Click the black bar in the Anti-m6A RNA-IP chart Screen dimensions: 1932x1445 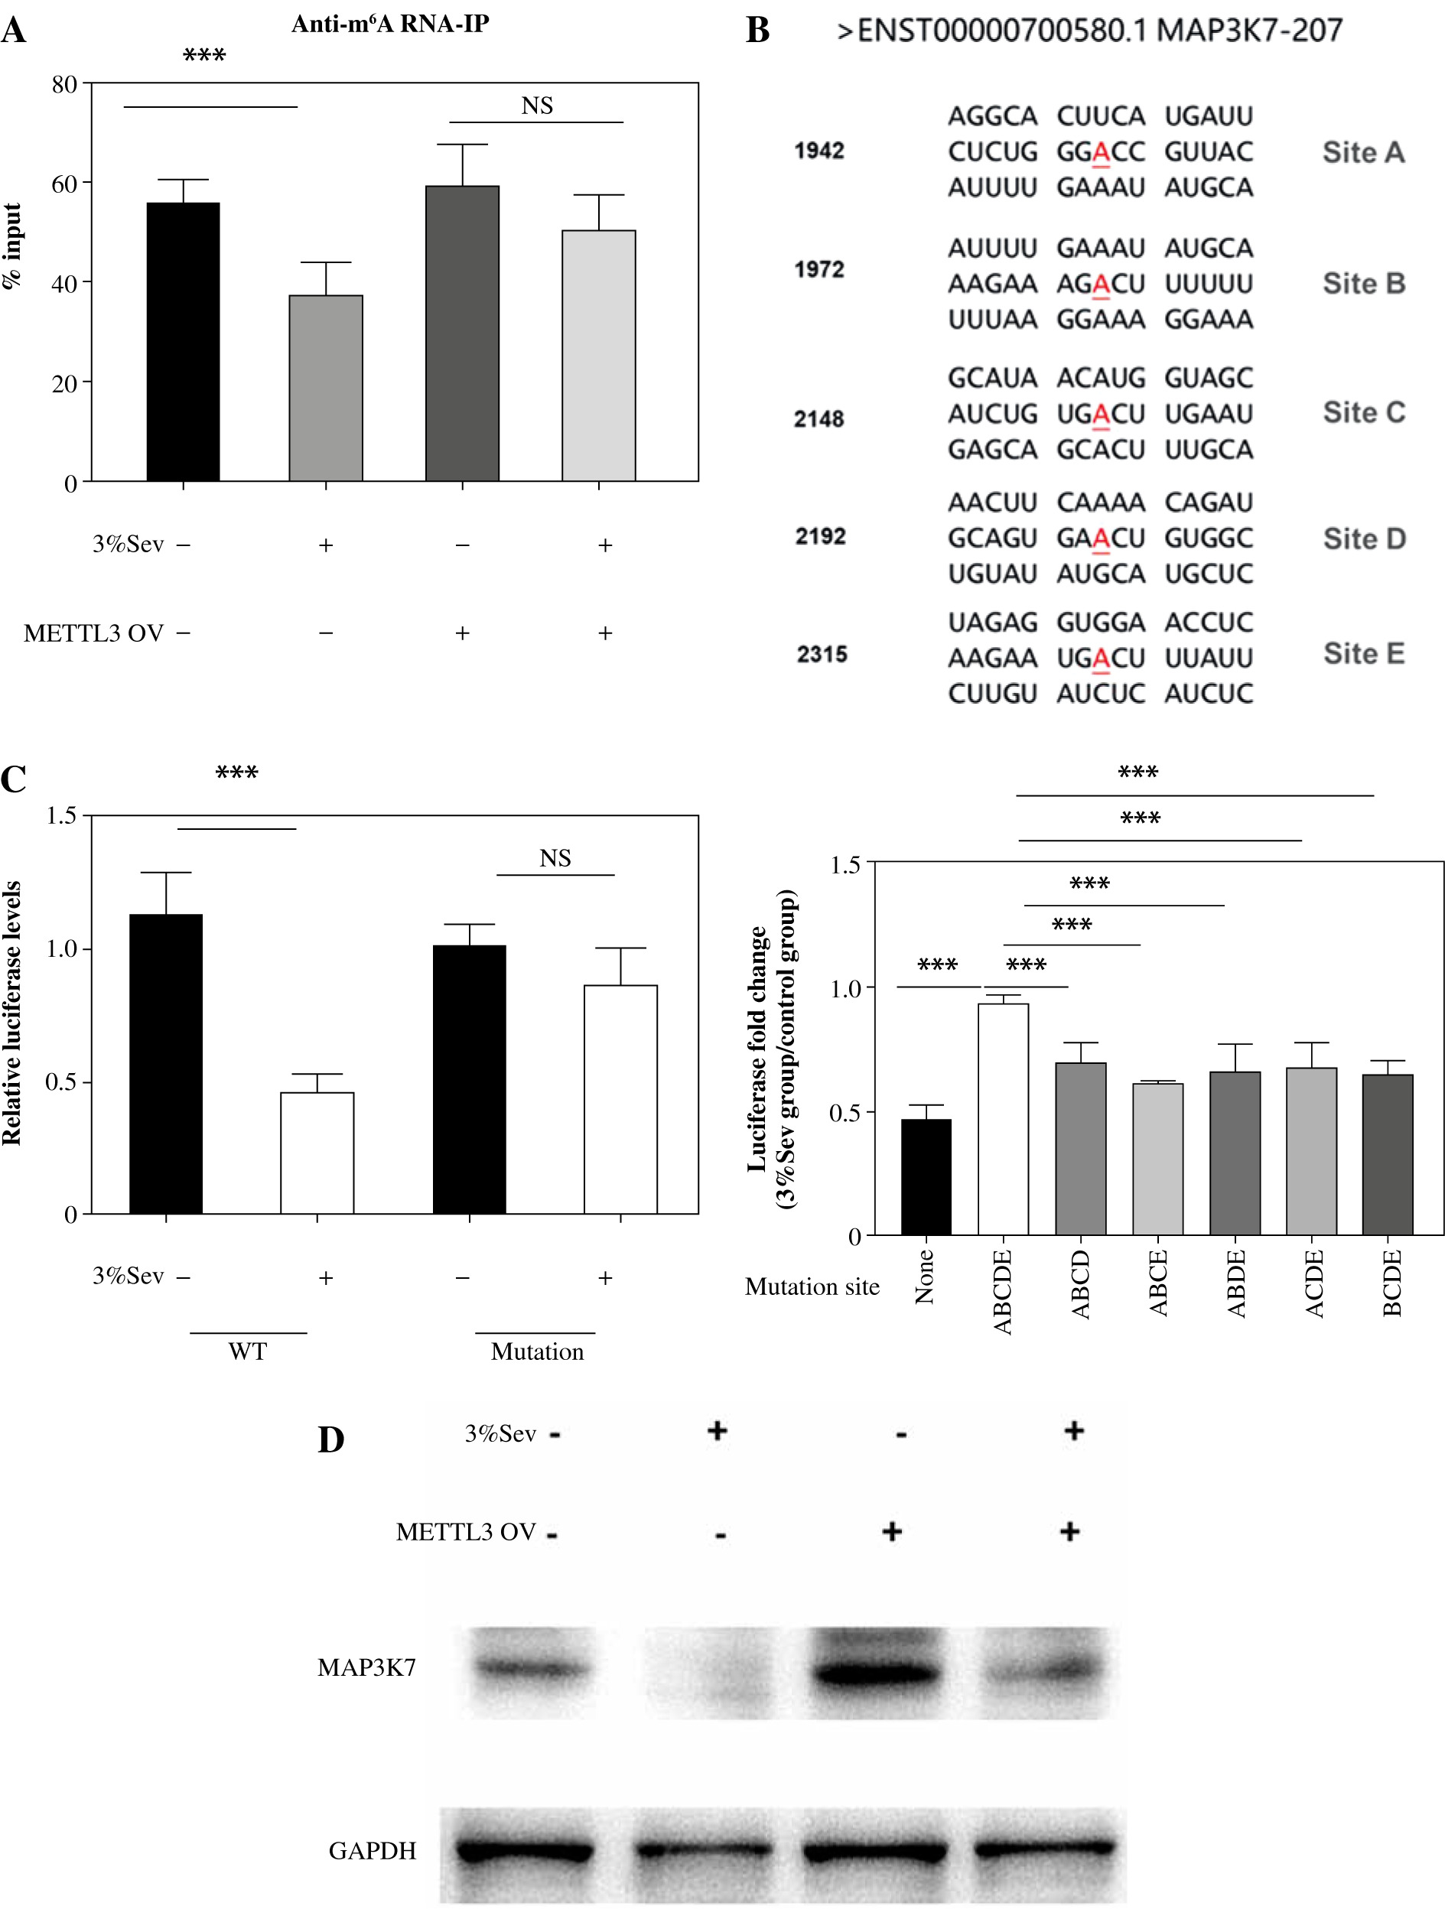[x=183, y=342]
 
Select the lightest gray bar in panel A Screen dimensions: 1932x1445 [x=598, y=356]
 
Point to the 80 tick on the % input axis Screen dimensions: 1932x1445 [x=65, y=85]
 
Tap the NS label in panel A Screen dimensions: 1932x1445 [x=536, y=106]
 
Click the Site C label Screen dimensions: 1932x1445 [x=1363, y=412]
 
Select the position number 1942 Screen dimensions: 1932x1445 [x=819, y=151]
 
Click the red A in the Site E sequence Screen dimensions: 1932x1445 [x=1101, y=658]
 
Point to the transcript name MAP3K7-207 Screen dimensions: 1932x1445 [x=1249, y=31]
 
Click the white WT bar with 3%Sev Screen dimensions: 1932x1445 [x=317, y=1152]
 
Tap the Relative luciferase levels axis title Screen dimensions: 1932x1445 [x=12, y=1013]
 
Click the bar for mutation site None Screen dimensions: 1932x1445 [x=926, y=1176]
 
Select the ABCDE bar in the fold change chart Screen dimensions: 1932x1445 [x=1003, y=1119]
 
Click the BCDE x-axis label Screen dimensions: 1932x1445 [x=1391, y=1282]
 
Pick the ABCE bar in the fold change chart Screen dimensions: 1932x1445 [x=1157, y=1158]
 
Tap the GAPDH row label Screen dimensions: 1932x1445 [x=373, y=1850]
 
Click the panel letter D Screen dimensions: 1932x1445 [x=330, y=1440]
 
